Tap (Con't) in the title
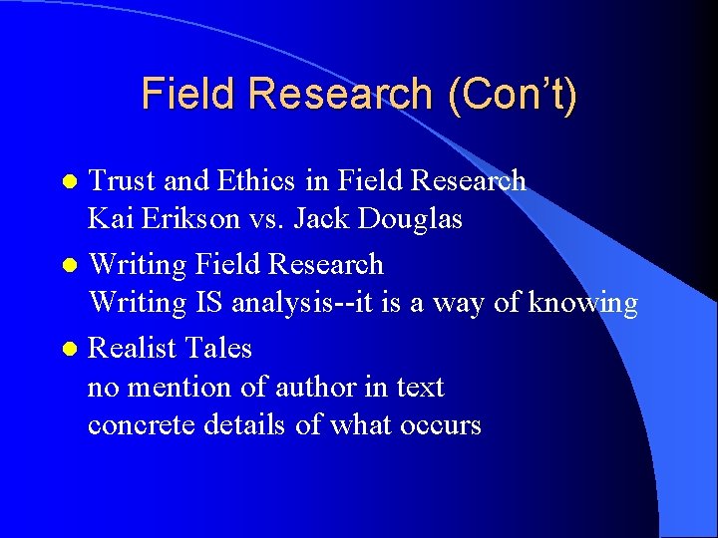[x=513, y=94]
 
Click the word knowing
[x=582, y=302]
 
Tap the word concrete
[x=142, y=424]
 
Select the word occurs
[x=441, y=424]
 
